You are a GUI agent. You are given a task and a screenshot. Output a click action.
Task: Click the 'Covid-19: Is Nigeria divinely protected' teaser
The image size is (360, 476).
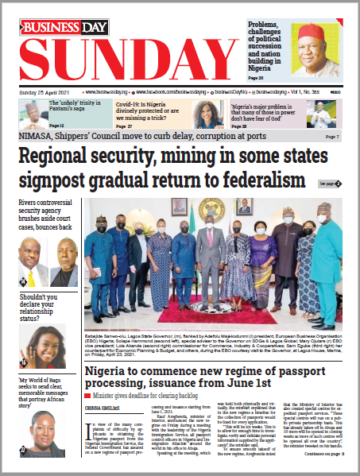pyautogui.click(x=150, y=109)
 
